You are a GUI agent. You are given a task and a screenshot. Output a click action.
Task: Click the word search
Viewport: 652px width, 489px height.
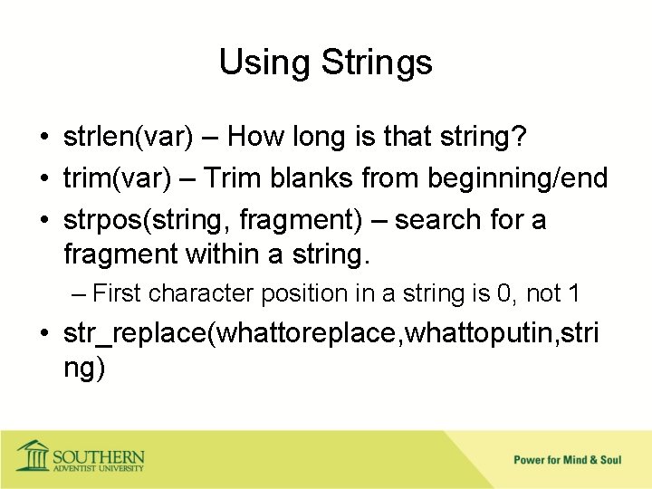431,220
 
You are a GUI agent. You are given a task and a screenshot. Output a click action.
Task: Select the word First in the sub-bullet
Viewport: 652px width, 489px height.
118,293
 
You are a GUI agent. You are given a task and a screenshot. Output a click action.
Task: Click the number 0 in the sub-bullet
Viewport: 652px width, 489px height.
504,293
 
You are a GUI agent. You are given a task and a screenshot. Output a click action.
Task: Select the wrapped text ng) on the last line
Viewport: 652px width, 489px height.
84,369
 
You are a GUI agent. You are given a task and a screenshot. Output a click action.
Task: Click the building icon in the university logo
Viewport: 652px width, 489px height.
33,455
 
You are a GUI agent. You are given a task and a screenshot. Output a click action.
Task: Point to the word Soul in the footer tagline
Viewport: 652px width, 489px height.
610,460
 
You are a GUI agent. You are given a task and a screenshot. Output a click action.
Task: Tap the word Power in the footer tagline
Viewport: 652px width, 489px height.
530,460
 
